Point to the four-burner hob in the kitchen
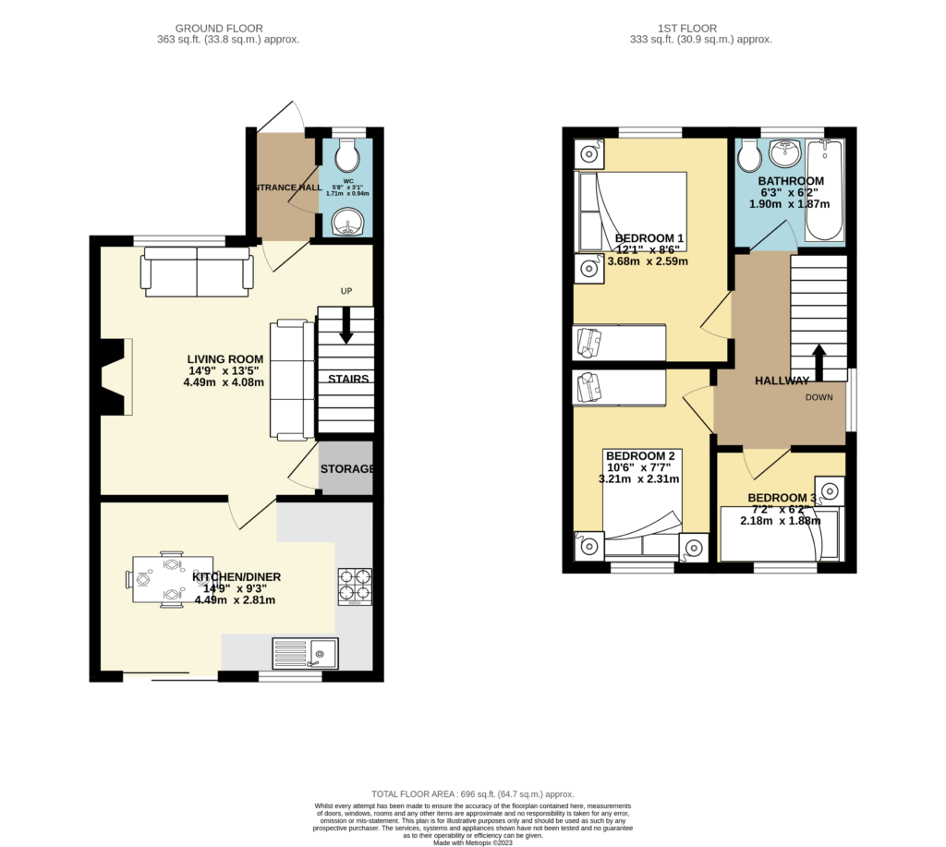pyautogui.click(x=355, y=585)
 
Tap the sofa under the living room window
pyautogui.click(x=196, y=272)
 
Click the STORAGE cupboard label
pyautogui.click(x=347, y=469)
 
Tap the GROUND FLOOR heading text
pyautogui.click(x=227, y=29)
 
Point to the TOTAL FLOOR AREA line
pyautogui.click(x=472, y=794)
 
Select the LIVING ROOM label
pyautogui.click(x=225, y=359)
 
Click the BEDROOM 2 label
pyautogui.click(x=639, y=456)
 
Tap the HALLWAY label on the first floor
pyautogui.click(x=782, y=381)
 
